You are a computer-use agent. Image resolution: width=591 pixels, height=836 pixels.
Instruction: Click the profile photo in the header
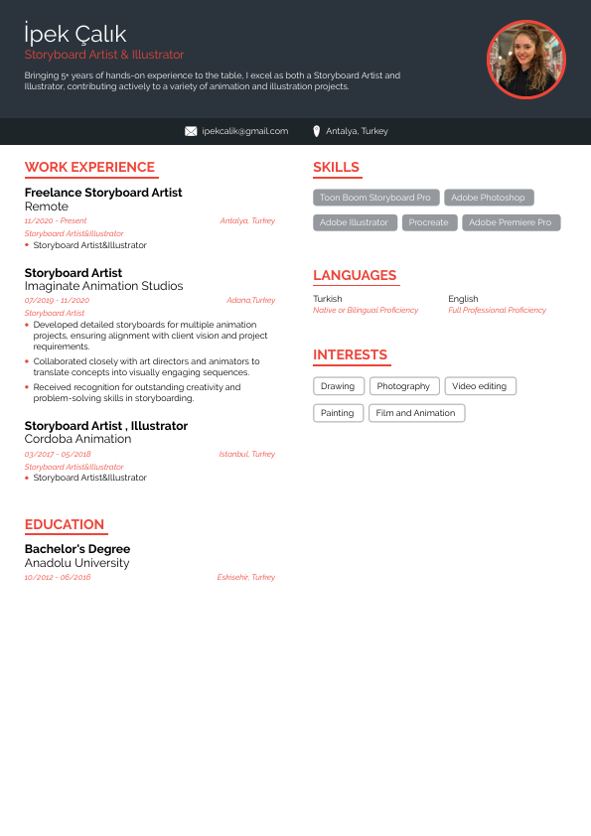(525, 60)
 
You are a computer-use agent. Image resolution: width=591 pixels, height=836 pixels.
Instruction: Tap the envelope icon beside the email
(191, 131)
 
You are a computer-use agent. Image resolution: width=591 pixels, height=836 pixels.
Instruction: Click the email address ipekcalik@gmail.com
(244, 131)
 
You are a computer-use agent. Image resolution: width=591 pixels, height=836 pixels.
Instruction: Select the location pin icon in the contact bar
(316, 131)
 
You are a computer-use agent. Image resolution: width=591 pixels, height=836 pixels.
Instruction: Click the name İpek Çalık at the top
(75, 36)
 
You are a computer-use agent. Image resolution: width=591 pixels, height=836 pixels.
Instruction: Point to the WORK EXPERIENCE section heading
(89, 167)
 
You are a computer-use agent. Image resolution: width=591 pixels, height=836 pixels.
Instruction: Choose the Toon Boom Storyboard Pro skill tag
(375, 198)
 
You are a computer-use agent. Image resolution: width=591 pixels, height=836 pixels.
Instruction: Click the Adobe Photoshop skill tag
(488, 198)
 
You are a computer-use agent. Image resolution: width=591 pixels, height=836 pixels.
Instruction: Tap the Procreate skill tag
(429, 222)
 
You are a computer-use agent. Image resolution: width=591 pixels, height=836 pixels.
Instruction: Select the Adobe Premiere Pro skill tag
(511, 222)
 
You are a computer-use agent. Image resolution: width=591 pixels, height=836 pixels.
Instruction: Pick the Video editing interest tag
(479, 386)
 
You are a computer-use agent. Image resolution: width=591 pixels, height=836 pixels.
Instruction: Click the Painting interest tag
(338, 413)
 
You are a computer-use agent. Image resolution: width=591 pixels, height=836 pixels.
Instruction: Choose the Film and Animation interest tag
(416, 413)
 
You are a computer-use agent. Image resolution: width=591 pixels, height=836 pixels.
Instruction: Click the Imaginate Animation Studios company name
(103, 286)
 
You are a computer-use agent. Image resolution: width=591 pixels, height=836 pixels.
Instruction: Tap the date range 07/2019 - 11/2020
(57, 300)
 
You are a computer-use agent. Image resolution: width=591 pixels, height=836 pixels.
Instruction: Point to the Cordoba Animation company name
(77, 439)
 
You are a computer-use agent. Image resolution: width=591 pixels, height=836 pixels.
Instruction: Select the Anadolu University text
(76, 563)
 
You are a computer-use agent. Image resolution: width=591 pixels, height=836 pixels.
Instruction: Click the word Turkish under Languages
(327, 299)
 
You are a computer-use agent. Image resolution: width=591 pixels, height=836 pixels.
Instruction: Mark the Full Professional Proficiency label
(497, 310)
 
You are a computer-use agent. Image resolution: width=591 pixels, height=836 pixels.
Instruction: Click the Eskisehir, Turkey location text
(245, 577)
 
